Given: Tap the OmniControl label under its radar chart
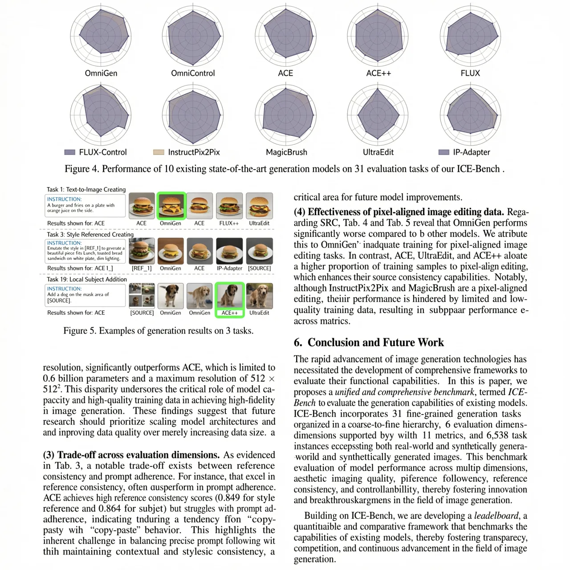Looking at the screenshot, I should click(193, 73).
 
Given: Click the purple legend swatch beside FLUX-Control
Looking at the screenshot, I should click(70, 152).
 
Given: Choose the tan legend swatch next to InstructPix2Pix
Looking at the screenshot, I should click(159, 152).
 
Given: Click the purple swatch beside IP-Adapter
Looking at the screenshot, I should click(444, 152).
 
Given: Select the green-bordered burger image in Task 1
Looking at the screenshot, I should click(171, 206).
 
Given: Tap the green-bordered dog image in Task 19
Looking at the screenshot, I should click(230, 296).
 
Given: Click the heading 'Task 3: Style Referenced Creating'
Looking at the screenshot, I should click(90, 234).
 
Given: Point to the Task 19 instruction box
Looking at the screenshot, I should click(85, 295).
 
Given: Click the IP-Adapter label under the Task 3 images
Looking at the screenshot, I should click(229, 269).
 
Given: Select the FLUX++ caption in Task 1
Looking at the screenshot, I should click(229, 224).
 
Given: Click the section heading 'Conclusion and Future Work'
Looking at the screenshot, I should click(369, 342).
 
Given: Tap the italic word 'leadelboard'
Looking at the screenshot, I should click(496, 516).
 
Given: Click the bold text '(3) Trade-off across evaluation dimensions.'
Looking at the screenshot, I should click(131, 455).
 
